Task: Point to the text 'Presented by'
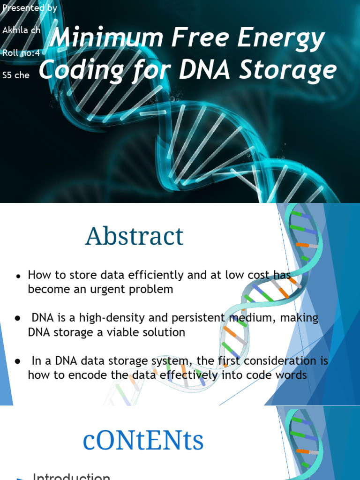click(29, 8)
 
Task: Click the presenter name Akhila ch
click(22, 30)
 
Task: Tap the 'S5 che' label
click(16, 75)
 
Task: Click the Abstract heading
click(134, 236)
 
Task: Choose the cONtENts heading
click(143, 441)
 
